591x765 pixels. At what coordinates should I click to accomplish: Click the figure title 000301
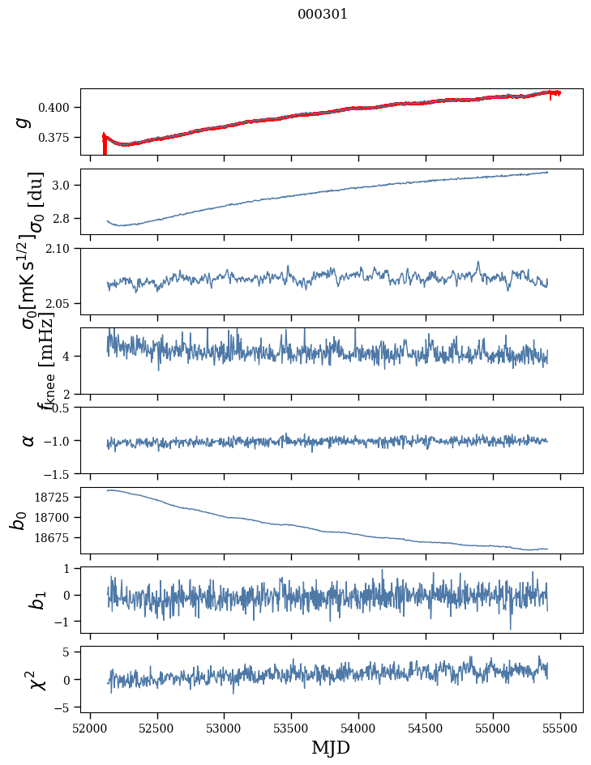coord(323,15)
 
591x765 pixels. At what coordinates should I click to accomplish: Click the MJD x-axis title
coord(331,747)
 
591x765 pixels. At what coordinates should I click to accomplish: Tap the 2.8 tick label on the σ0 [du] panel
coord(65,218)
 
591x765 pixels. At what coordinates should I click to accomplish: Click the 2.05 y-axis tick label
coord(62,304)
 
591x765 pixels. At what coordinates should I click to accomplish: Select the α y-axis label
coord(28,440)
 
